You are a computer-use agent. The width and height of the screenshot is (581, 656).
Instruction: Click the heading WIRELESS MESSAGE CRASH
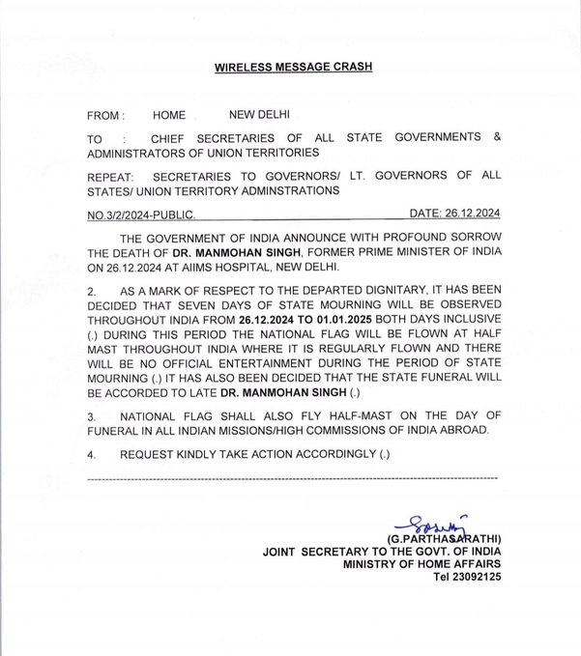tap(290, 69)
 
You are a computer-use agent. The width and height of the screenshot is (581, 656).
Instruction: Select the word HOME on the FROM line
tap(169, 115)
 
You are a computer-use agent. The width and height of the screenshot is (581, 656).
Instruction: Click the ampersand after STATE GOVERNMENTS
tap(497, 138)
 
